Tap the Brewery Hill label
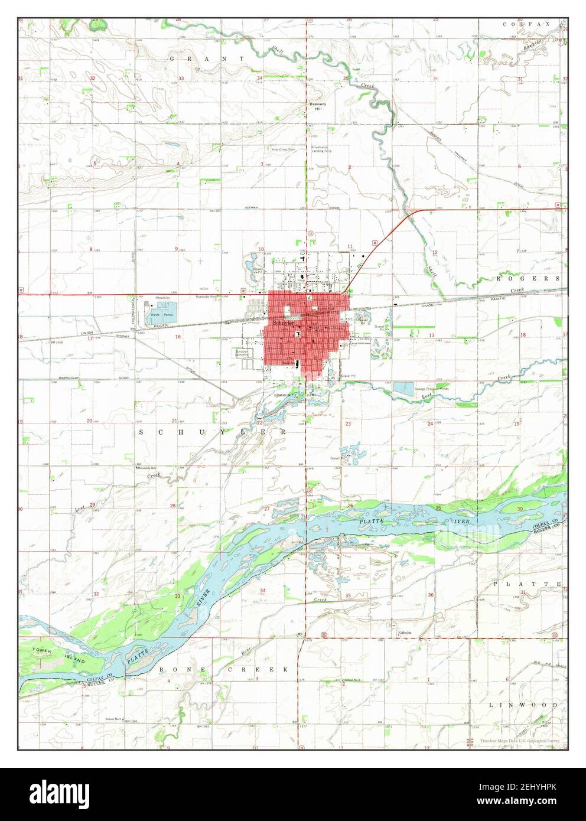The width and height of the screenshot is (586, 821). pyautogui.click(x=318, y=106)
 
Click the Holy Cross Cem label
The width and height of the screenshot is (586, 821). pyautogui.click(x=283, y=149)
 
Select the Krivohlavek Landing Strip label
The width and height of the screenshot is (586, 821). pyautogui.click(x=324, y=148)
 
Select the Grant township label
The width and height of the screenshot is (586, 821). pyautogui.click(x=207, y=59)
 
